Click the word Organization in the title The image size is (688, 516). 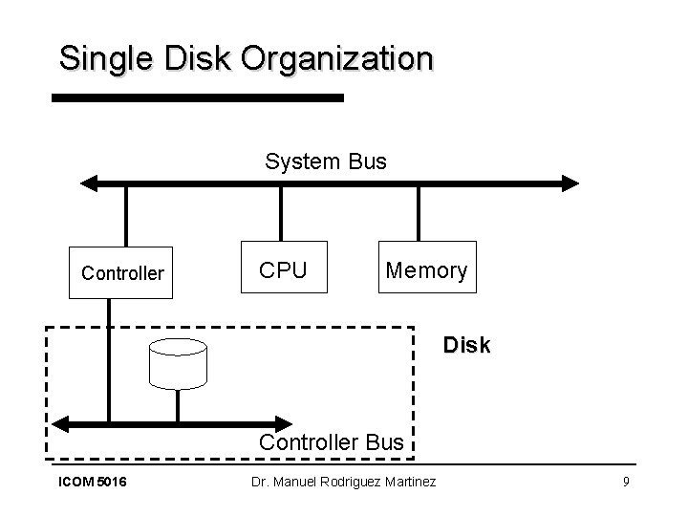coord(336,58)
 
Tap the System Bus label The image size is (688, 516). coord(326,161)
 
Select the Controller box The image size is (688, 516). coord(122,274)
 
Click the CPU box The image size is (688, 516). coord(284,270)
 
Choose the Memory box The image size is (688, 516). coord(425,270)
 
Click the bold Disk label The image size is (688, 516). coord(466,346)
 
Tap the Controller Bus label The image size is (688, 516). coord(332,441)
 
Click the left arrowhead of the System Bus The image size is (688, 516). coord(89,183)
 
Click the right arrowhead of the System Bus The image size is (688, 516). coord(570,183)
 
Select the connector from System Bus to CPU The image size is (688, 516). coord(281,211)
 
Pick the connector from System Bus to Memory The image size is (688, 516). coord(419,211)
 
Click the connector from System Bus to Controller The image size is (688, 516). coord(125,216)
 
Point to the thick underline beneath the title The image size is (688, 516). coord(196,97)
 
